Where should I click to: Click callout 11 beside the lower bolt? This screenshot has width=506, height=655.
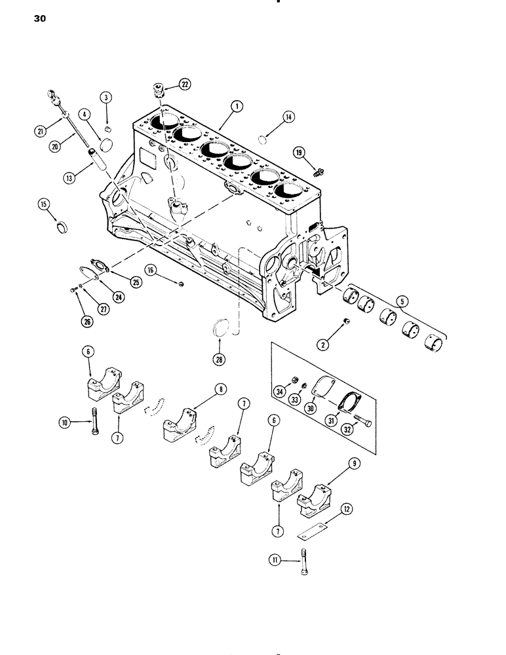point(274,559)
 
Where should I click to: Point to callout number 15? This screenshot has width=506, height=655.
point(43,206)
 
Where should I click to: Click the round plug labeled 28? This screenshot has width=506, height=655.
point(222,329)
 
